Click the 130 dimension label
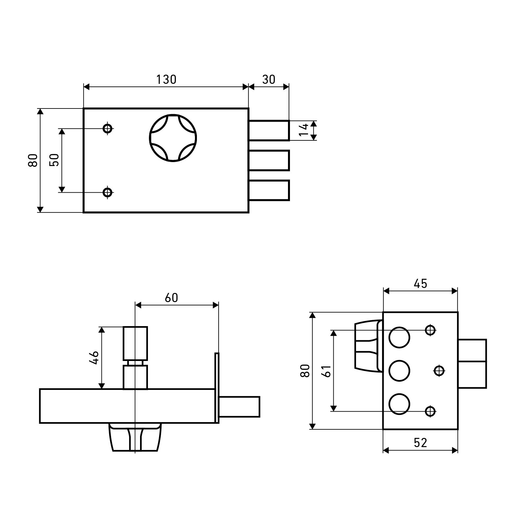click(x=166, y=80)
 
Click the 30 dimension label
click(x=269, y=80)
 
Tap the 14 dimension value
click(x=304, y=130)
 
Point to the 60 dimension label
click(x=171, y=298)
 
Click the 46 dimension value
click(x=94, y=358)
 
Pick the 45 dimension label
click(x=420, y=283)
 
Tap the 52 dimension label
click(x=420, y=443)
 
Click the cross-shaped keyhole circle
click(x=173, y=138)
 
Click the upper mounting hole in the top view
click(x=108, y=128)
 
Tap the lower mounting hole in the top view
click(x=108, y=192)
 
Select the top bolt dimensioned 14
click(x=269, y=131)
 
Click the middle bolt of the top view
click(x=269, y=160)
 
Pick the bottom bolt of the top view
click(x=269, y=190)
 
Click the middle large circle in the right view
click(x=399, y=371)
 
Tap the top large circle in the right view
click(x=399, y=337)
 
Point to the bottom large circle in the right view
click(x=399, y=404)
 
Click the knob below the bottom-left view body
click(x=135, y=437)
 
